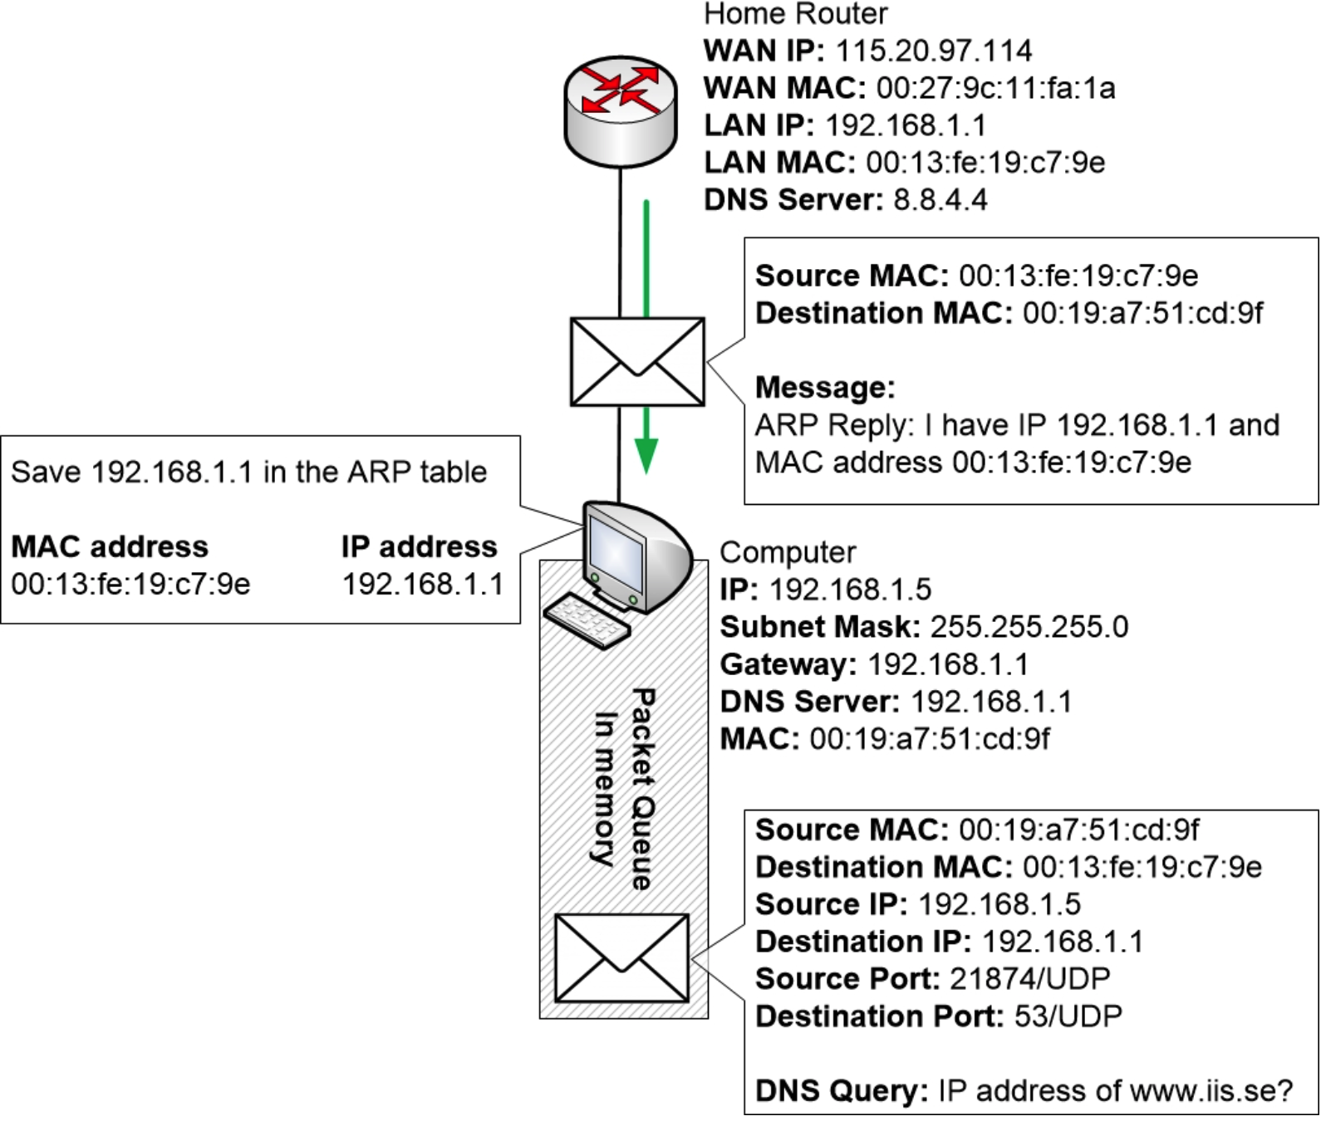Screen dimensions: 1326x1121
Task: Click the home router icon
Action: [x=620, y=112]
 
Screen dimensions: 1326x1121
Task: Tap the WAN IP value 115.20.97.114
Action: [x=933, y=51]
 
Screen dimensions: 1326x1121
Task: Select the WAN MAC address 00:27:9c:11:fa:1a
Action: [x=995, y=88]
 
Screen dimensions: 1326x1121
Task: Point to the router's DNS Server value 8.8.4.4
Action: [x=940, y=200]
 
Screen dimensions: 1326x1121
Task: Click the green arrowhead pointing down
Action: [x=646, y=456]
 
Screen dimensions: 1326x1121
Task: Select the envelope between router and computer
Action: [x=637, y=362]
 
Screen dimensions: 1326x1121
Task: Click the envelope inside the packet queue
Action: [x=621, y=958]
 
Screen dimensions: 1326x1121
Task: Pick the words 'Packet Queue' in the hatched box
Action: [x=642, y=789]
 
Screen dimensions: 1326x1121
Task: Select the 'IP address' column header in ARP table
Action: [x=419, y=547]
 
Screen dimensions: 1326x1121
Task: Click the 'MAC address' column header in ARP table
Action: [x=110, y=547]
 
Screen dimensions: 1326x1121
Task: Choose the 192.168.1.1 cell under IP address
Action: [x=423, y=585]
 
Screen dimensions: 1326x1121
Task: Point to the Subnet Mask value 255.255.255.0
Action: [x=1029, y=627]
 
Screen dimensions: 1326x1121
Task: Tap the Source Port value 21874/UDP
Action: [x=1030, y=979]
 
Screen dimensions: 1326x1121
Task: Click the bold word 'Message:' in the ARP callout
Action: [x=825, y=388]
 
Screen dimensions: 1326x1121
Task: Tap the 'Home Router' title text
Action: [x=795, y=14]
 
